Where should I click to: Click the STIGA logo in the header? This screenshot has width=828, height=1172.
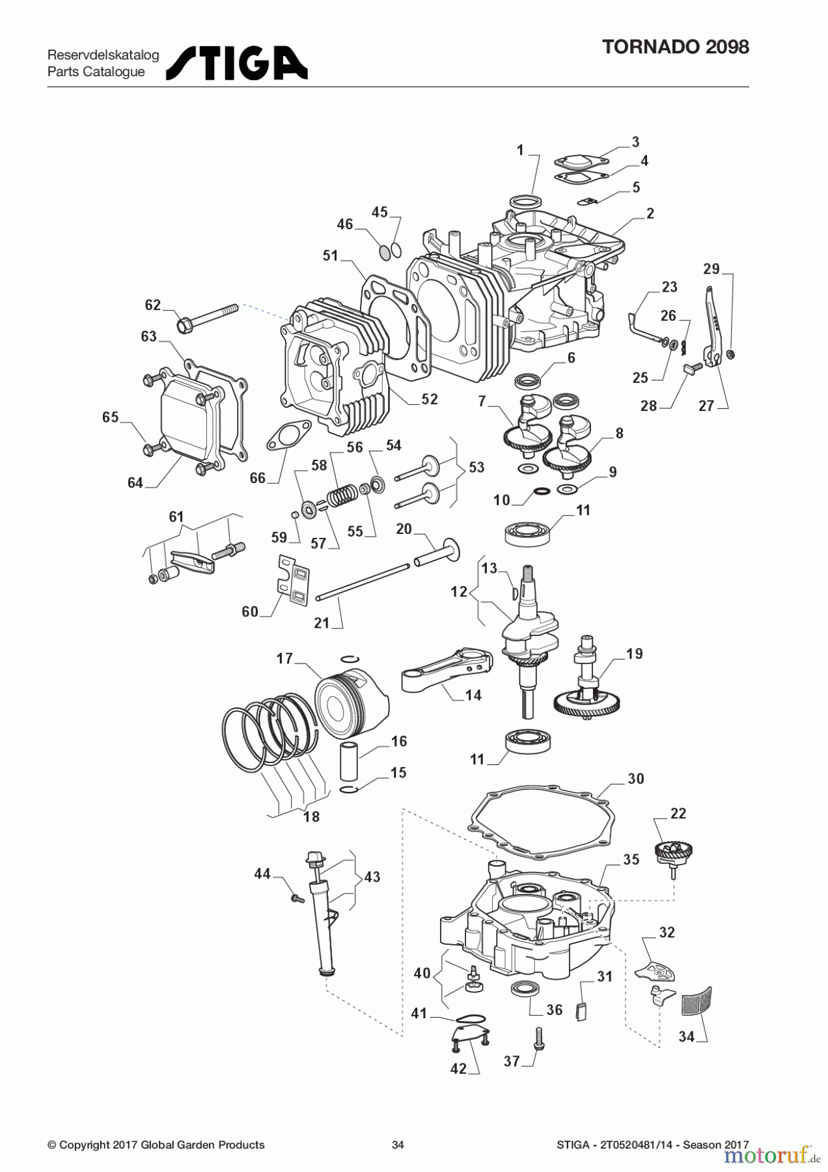(237, 63)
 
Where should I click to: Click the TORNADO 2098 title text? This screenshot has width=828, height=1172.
(675, 47)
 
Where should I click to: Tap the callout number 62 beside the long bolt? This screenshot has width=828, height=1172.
(152, 305)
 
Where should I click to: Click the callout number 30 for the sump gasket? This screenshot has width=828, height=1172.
(635, 779)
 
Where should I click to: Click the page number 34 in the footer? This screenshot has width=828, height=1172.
(398, 1145)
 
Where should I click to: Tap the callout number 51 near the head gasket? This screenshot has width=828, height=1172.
(331, 255)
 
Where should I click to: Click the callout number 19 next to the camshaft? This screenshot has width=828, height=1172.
(634, 653)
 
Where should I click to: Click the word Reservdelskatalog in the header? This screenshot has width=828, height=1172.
(103, 55)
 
